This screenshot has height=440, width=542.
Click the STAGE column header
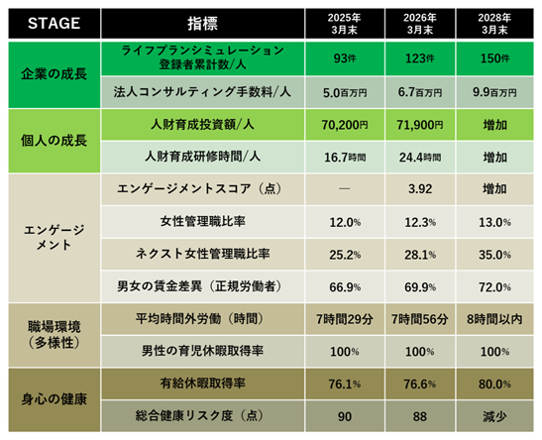(x=54, y=24)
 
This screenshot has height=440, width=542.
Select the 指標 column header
(x=202, y=24)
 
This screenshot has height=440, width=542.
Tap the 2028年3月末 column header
(x=494, y=24)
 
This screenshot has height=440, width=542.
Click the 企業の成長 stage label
(x=54, y=74)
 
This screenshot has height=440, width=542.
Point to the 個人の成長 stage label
(x=54, y=141)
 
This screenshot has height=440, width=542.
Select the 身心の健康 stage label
(x=54, y=399)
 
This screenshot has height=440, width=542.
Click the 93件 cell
(x=345, y=58)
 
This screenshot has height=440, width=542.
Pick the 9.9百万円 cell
(x=494, y=92)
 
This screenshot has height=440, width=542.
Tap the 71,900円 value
(x=420, y=125)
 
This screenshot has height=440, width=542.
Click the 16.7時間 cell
(x=345, y=158)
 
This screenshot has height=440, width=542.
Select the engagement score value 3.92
(x=420, y=189)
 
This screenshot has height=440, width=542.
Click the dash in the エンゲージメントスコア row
(x=344, y=188)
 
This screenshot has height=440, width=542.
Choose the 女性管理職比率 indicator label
(x=202, y=221)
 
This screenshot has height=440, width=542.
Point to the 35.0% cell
(x=494, y=255)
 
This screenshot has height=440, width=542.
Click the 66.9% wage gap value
(x=345, y=287)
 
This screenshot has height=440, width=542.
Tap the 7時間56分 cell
(x=420, y=319)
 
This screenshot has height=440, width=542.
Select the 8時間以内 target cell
(x=494, y=319)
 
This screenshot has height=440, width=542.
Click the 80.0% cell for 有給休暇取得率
(x=494, y=384)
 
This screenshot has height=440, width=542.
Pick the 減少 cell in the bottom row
(x=494, y=416)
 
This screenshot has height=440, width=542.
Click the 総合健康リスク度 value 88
(x=420, y=416)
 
